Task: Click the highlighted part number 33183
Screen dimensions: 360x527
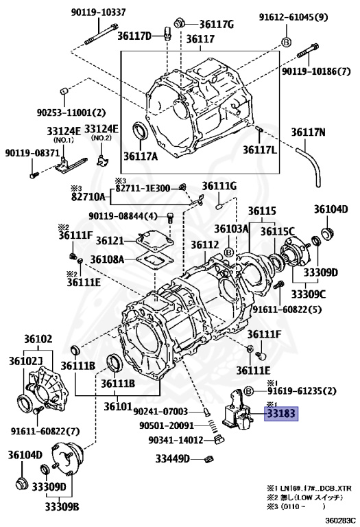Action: pos(281,413)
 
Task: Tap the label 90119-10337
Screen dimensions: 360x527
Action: pos(98,12)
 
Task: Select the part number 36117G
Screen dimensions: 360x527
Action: pos(217,25)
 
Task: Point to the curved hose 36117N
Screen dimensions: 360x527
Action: pos(310,165)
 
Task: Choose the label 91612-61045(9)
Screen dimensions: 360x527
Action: pos(293,17)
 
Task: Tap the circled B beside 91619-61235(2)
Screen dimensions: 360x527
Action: pos(248,391)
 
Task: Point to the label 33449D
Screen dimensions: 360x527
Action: pos(172,458)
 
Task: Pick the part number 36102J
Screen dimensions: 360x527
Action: pos(25,361)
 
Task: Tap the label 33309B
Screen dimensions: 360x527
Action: pos(62,506)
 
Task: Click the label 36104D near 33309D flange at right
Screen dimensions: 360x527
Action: pos(331,209)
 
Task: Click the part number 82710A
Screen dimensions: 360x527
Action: pos(88,196)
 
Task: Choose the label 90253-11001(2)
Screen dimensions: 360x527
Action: pos(71,113)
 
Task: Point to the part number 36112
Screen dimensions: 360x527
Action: pos(205,245)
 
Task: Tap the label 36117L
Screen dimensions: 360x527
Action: pos(260,149)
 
